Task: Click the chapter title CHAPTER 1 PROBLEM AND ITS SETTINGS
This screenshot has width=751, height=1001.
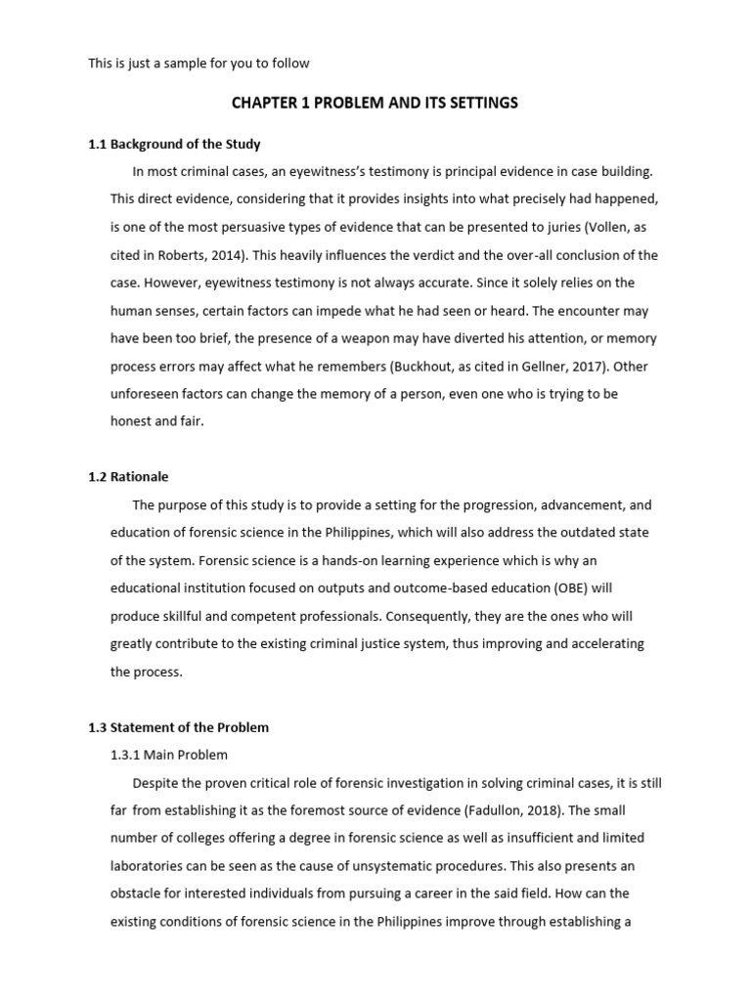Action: click(375, 103)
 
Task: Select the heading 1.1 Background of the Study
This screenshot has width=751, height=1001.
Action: click(174, 145)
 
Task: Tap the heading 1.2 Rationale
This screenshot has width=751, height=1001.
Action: click(128, 477)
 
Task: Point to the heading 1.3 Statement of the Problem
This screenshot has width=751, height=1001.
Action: click(178, 727)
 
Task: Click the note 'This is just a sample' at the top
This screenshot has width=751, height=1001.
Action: click(199, 64)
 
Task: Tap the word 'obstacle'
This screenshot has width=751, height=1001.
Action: click(137, 893)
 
